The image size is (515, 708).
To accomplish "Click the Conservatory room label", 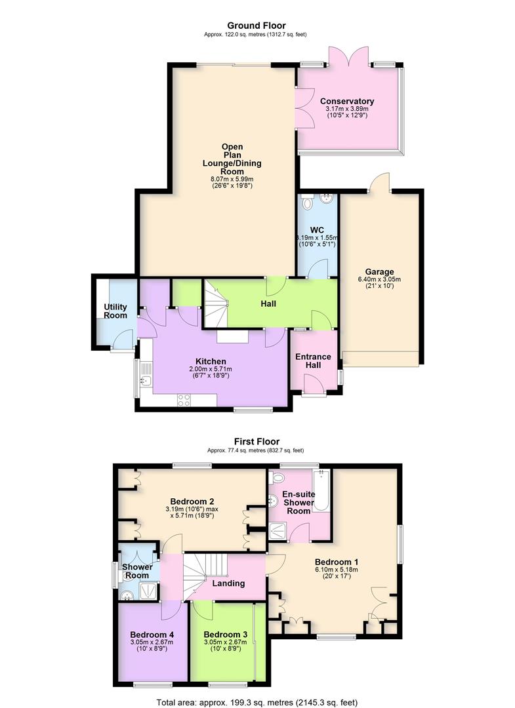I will coord(347,101).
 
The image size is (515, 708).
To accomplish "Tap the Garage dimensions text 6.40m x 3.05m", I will coord(379,279).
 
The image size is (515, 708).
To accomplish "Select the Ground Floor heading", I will coord(257,26).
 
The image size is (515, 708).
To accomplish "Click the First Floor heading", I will coord(257,442).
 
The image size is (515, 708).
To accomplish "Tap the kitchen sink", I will coord(145,380).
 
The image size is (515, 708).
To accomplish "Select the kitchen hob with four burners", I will coord(184,400).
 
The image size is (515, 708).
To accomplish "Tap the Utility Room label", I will coord(115,311).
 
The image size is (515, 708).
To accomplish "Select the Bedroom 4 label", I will coord(152,635).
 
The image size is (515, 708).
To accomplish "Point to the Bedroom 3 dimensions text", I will coord(225,645).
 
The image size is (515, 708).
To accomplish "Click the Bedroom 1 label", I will coord(337,562).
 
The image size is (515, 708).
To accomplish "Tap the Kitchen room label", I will coord(211,361).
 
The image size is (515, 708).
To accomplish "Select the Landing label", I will coord(228,583).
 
